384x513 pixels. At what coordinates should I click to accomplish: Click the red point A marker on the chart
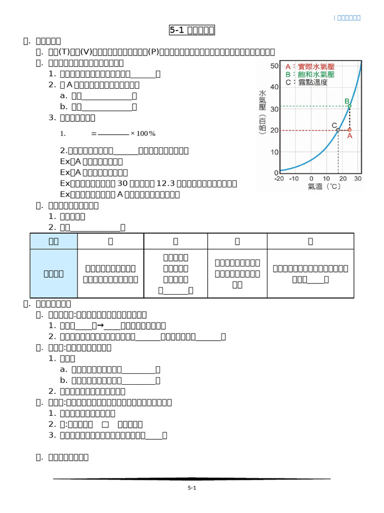point(349,130)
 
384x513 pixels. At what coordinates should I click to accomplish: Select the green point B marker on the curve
point(349,106)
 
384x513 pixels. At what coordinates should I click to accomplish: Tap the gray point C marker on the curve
point(337,130)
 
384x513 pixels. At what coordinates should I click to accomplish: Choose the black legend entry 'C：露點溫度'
point(306,82)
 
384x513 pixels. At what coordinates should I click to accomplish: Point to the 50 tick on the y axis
point(273,66)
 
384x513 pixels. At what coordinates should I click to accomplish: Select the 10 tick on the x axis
point(326,178)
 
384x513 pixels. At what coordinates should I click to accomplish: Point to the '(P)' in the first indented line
point(151,52)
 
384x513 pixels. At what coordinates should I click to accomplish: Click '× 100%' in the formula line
point(143,134)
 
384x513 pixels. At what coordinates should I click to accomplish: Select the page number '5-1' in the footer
point(191,487)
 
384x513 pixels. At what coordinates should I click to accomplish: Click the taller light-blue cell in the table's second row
point(54,274)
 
